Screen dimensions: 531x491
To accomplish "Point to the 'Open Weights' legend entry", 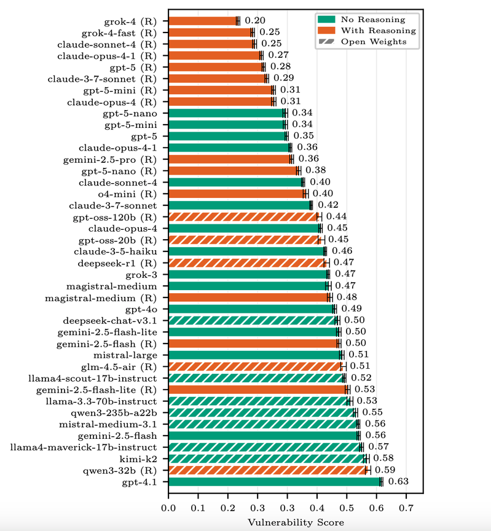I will click(x=372, y=41).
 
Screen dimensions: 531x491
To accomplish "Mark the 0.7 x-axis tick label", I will click(x=406, y=508).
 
